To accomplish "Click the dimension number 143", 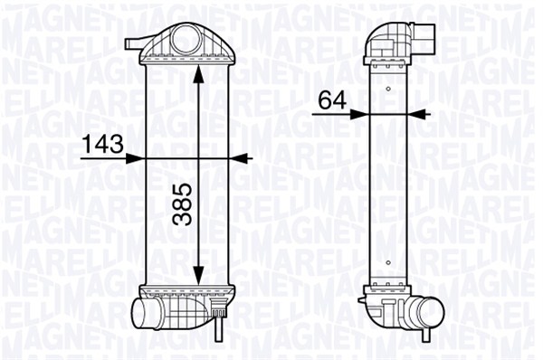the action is coord(103,144).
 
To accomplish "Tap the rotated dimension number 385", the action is coord(182,204).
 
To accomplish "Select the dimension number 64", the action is coord(332,100).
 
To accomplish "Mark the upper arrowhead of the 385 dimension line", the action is coord(198,73).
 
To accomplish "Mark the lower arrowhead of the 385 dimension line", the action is coord(198,275).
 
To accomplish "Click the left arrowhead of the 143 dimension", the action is coord(135,158).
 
